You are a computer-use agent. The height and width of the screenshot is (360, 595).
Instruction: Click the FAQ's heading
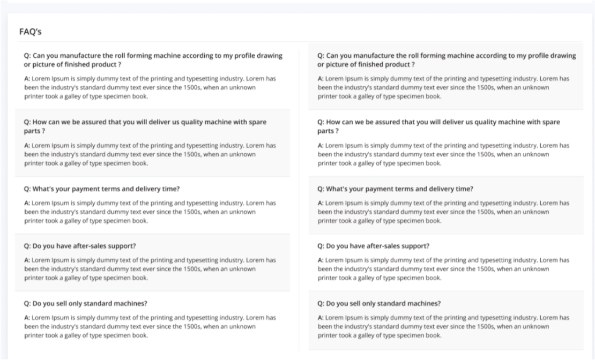pos(31,32)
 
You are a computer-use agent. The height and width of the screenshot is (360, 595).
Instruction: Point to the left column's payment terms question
pos(102,189)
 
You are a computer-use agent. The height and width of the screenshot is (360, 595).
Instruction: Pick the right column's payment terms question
pos(395,189)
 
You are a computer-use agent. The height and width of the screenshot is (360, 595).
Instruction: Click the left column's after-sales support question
pos(80,246)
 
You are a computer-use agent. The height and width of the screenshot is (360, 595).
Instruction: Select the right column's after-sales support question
pos(373,246)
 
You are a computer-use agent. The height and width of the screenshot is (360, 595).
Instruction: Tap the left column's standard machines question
pos(86,303)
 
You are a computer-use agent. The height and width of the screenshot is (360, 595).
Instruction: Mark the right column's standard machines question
pos(379,303)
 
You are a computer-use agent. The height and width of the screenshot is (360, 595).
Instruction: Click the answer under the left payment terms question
pos(150,212)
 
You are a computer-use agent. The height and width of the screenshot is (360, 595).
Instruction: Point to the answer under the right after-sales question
pos(443,269)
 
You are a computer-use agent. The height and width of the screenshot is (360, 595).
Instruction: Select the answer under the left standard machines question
pos(150,326)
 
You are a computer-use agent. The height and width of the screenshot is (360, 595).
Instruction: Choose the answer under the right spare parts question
pos(443,154)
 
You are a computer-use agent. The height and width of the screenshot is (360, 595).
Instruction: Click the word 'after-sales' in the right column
pos(383,246)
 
